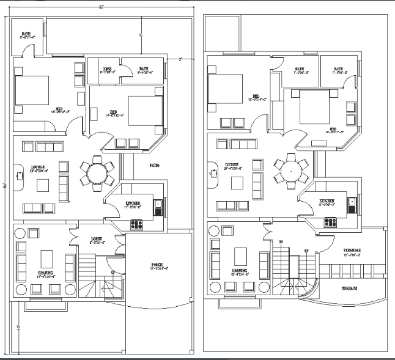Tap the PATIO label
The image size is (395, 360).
(x=155, y=165)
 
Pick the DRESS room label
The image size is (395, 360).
(x=107, y=69)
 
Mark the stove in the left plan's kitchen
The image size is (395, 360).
(x=136, y=224)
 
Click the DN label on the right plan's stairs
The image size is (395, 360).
(x=282, y=243)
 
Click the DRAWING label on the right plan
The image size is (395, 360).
(x=240, y=270)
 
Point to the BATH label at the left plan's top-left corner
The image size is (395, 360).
(x=27, y=34)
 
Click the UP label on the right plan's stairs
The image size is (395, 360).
(x=307, y=251)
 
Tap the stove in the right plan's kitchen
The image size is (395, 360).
(x=331, y=223)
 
